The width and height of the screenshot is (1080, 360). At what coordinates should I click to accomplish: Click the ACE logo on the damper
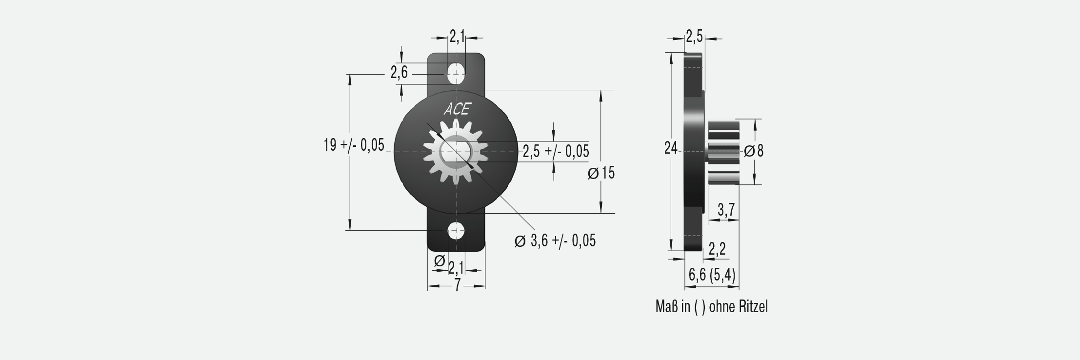(x=457, y=109)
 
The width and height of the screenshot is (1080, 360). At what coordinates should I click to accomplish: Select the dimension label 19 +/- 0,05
(x=354, y=145)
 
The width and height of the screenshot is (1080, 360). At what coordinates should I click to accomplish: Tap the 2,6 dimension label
(x=399, y=73)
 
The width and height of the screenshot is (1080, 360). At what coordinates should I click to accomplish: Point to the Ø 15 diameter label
(x=601, y=173)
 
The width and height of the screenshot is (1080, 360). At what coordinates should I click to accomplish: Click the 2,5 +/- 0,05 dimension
(x=556, y=152)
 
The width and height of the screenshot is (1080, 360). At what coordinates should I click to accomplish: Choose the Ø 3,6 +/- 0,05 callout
(x=555, y=240)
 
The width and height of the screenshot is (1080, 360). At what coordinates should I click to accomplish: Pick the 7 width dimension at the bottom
(x=457, y=285)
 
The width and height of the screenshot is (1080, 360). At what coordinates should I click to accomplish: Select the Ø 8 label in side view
(x=754, y=151)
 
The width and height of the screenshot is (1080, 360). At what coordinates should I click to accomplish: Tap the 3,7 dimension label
(x=726, y=210)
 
